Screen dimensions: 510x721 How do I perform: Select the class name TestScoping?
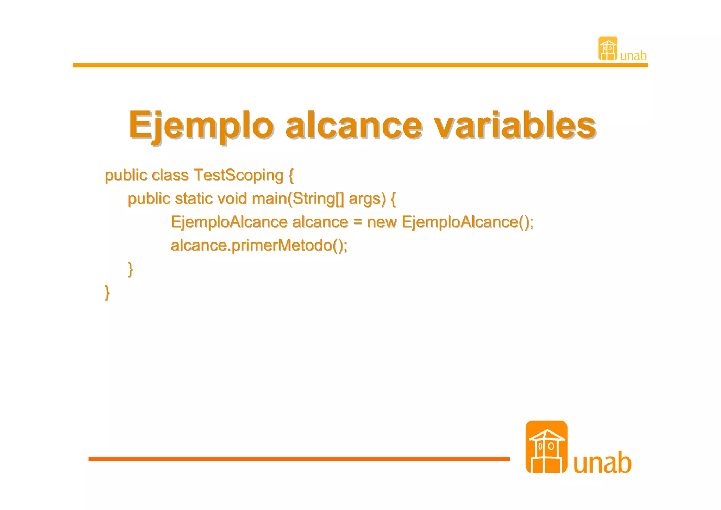click(x=238, y=176)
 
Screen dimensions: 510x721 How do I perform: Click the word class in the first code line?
click(x=170, y=176)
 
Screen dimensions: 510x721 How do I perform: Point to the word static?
click(x=194, y=199)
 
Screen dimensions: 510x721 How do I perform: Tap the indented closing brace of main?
click(x=130, y=269)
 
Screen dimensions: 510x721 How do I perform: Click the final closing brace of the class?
click(x=107, y=293)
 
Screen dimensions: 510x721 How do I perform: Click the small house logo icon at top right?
click(x=608, y=49)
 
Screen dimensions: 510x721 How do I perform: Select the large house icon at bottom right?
click(x=546, y=447)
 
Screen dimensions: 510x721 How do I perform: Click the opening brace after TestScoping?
click(x=291, y=176)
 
